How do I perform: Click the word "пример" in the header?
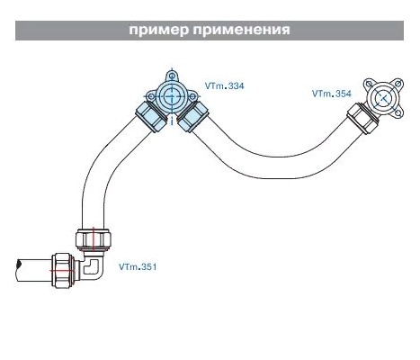tap(159, 31)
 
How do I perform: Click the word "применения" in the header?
tap(242, 30)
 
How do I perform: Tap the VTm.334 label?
tap(224, 86)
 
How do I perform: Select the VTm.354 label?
tap(331, 94)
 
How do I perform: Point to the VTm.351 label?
tap(138, 266)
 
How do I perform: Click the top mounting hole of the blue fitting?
tap(172, 76)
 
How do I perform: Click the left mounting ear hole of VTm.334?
tap(151, 96)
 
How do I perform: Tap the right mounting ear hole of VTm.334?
tap(192, 96)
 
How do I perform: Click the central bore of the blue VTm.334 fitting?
tap(172, 96)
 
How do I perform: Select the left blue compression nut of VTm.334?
tap(151, 117)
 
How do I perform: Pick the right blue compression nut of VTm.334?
tap(193, 117)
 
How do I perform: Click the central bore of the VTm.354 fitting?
tap(383, 98)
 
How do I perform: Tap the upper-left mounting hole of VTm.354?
tap(368, 83)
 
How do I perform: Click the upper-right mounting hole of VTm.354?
tap(398, 83)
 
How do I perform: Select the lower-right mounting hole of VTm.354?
tap(398, 112)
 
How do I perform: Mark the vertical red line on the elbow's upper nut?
tap(94, 239)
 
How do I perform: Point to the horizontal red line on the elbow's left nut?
tap(62, 271)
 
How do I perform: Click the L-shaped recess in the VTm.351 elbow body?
tap(90, 267)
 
